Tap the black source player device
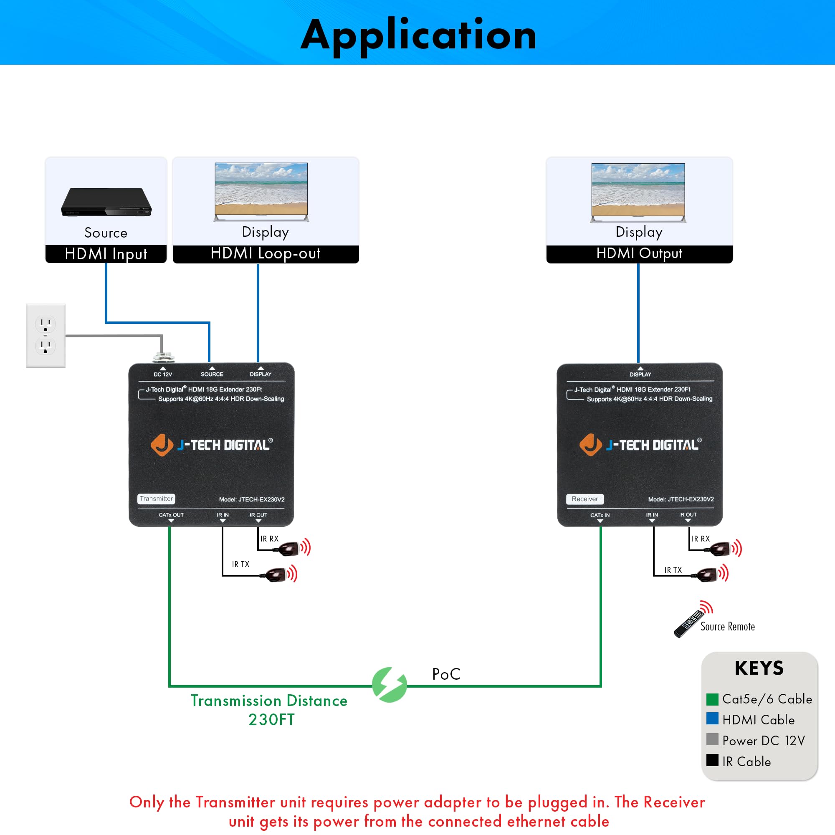pos(106,201)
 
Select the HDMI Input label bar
pos(106,254)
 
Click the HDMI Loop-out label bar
pos(266,254)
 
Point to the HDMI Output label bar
pos(639,254)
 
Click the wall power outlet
pos(46,335)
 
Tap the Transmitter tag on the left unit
pos(156,499)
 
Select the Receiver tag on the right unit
pos(585,499)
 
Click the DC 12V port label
pos(163,374)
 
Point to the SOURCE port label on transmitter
pos(212,374)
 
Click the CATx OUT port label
pos(171,515)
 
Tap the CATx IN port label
pos(600,515)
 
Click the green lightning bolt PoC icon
pos(390,685)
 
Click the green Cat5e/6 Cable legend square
pos(712,699)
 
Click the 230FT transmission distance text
pos(271,720)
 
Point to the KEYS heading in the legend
pos(759,668)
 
